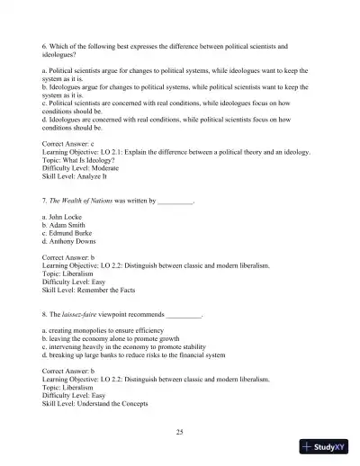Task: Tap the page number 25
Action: [180, 432]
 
